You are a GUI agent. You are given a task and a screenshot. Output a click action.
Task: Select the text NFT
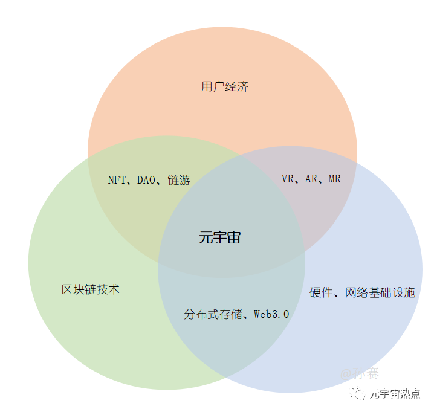point(117,180)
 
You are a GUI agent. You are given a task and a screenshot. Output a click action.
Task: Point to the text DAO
point(147,180)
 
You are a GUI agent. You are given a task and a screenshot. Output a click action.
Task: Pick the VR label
point(288,179)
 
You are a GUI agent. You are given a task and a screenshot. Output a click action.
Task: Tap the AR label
point(311,179)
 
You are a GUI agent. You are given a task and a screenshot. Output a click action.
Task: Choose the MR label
point(334,179)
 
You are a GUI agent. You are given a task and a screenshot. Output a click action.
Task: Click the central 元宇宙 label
point(220,237)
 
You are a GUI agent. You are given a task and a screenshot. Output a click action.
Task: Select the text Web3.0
point(271,314)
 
